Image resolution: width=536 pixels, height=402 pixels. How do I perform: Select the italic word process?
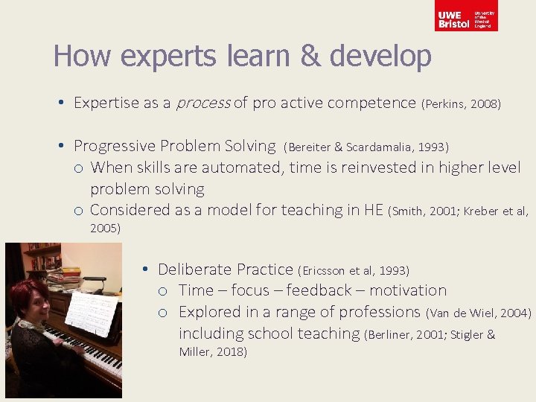pos(202,103)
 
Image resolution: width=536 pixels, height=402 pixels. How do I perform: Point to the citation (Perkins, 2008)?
pos(461,103)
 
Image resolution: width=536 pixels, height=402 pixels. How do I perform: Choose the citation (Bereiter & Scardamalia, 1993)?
pos(366,147)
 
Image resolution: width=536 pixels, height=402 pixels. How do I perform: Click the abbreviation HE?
pos(373,210)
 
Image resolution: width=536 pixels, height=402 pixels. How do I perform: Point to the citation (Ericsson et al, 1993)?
pos(354,269)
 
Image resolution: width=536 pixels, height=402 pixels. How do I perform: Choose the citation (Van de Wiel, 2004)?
pos(479,312)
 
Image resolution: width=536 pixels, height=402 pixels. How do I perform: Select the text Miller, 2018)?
pos(213,351)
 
